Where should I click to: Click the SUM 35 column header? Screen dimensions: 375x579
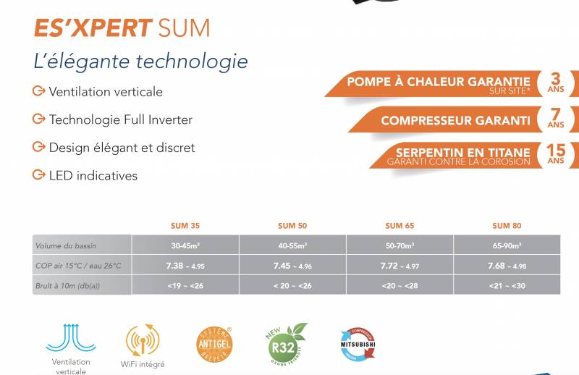coord(185,226)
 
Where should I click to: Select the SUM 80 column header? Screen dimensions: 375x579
coord(507,226)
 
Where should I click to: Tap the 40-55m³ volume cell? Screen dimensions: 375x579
coord(292,246)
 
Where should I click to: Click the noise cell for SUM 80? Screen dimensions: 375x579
coord(507,286)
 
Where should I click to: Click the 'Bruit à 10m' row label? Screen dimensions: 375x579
coord(67,286)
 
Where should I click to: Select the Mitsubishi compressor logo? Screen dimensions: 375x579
coord(358,342)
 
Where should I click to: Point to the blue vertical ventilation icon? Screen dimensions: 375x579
coord(71,337)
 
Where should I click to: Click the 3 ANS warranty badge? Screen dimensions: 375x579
coord(556,83)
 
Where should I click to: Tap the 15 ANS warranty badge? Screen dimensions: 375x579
coord(556,154)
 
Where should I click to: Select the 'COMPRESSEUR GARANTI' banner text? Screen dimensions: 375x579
coord(455,120)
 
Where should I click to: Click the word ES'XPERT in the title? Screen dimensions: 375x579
coord(93,28)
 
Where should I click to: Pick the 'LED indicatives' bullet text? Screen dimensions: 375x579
coord(93,175)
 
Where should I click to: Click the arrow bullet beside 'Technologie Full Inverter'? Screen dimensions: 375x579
coord(39,119)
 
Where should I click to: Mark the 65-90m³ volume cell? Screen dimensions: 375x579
coord(507,246)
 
